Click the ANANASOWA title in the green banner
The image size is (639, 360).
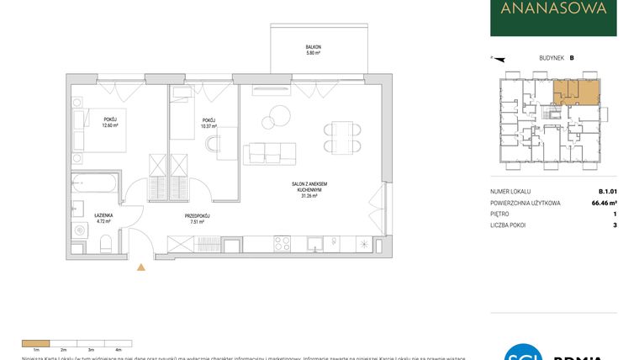(x=553, y=11)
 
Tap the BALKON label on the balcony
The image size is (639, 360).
(x=314, y=47)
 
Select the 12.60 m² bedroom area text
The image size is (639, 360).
(x=110, y=125)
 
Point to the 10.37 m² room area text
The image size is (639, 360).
(x=209, y=126)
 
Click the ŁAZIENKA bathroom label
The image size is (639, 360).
(x=103, y=216)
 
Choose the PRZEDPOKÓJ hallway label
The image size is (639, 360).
(x=197, y=216)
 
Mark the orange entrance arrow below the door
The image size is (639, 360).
(x=140, y=268)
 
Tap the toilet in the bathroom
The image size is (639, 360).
(x=106, y=244)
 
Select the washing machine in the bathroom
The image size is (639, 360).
(x=80, y=228)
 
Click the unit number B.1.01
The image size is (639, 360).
(x=608, y=191)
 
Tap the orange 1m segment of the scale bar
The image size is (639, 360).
(x=35, y=343)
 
